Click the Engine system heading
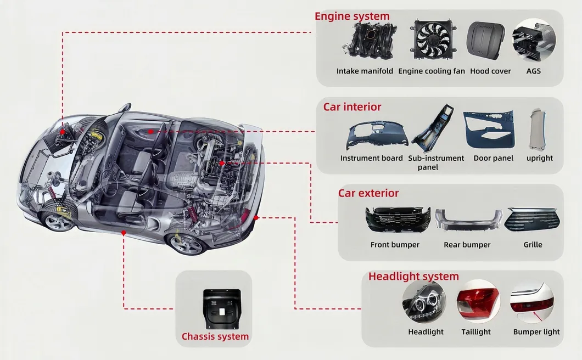pos(352,16)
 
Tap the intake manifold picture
pos(368,41)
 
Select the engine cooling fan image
pos(433,40)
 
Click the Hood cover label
pos(490,71)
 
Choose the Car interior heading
pos(352,107)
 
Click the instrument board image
pos(376,136)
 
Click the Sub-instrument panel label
pos(436,162)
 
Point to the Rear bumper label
pos(467,245)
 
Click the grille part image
pos(532,219)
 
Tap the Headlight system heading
pos(413,277)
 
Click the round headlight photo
pos(424,302)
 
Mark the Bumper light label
pos(536,332)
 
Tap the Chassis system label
pos(215,336)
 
